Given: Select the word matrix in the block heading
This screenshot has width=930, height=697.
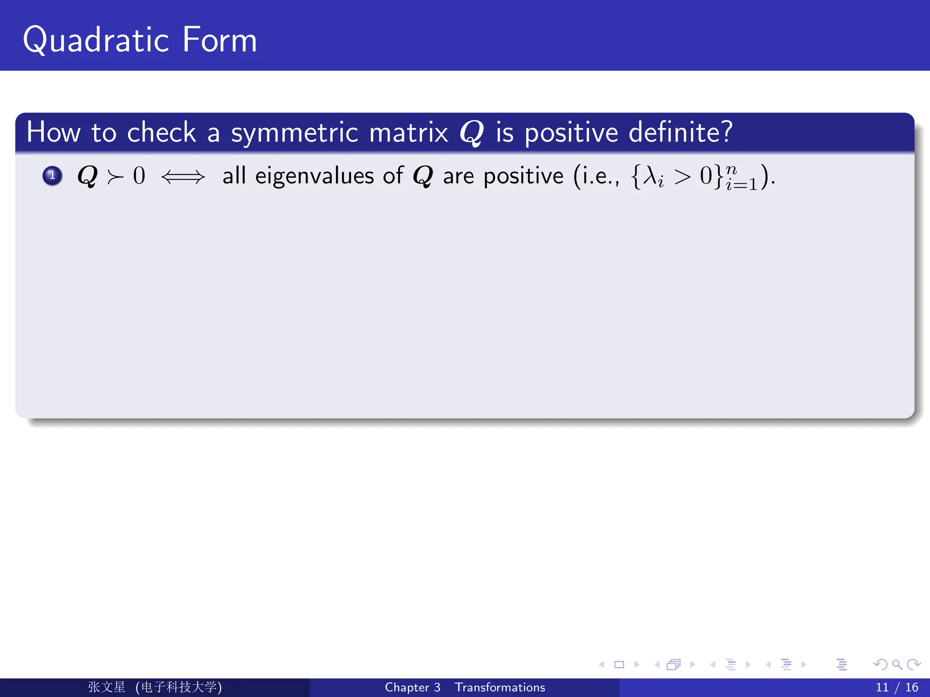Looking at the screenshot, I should tap(408, 133).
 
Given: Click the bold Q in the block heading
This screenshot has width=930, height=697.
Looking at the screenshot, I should tap(471, 133).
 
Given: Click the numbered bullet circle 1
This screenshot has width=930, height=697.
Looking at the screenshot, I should tap(52, 175).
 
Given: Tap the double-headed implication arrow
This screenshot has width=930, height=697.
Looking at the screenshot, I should tap(183, 177).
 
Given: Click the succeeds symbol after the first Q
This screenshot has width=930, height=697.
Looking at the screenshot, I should tap(115, 177).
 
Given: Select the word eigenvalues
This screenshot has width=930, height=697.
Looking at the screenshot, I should tap(315, 176).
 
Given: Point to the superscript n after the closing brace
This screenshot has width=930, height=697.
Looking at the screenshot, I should tap(731, 170).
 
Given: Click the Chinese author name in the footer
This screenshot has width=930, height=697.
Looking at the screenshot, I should tap(107, 687).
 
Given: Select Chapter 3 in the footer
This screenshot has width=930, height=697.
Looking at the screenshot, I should tap(412, 687).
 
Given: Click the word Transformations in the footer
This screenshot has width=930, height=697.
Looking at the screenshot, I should tap(500, 687).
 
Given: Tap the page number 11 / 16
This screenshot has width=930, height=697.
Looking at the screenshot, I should tap(896, 687).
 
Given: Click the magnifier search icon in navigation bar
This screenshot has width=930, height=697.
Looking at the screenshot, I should tap(897, 665).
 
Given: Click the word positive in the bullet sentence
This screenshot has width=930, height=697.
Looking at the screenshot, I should tap(523, 176).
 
